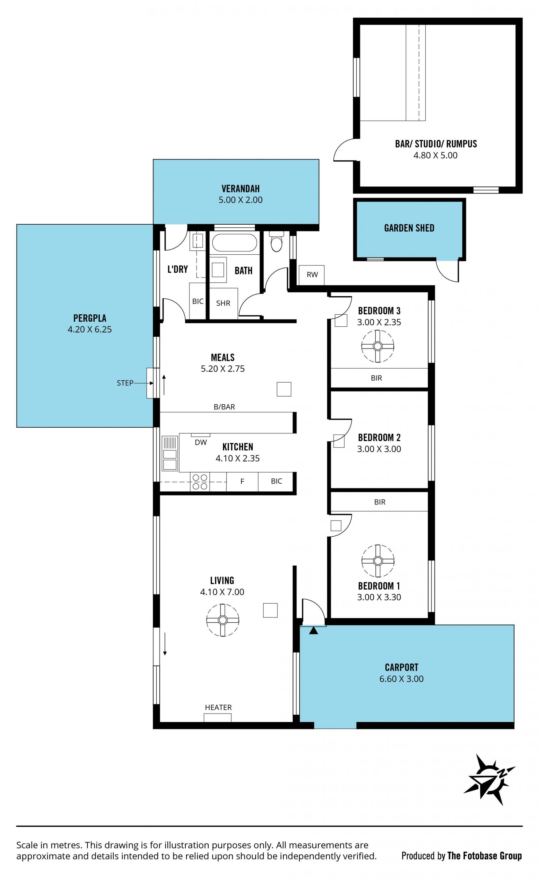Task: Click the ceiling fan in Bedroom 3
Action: (x=377, y=346)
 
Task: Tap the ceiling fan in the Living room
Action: (x=223, y=620)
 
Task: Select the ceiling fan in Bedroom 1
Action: (x=377, y=561)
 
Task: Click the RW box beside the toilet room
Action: (x=311, y=275)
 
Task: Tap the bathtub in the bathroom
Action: (x=234, y=243)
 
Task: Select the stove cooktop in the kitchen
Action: (x=200, y=481)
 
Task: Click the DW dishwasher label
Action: (x=201, y=443)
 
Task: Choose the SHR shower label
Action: (x=223, y=303)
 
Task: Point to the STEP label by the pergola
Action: (x=125, y=383)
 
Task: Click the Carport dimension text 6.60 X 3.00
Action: (x=401, y=679)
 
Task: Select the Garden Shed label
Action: (x=409, y=228)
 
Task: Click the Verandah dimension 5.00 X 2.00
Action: (x=240, y=200)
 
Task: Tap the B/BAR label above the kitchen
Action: (x=224, y=407)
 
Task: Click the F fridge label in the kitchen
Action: (x=242, y=482)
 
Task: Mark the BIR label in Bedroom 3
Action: (x=376, y=378)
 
